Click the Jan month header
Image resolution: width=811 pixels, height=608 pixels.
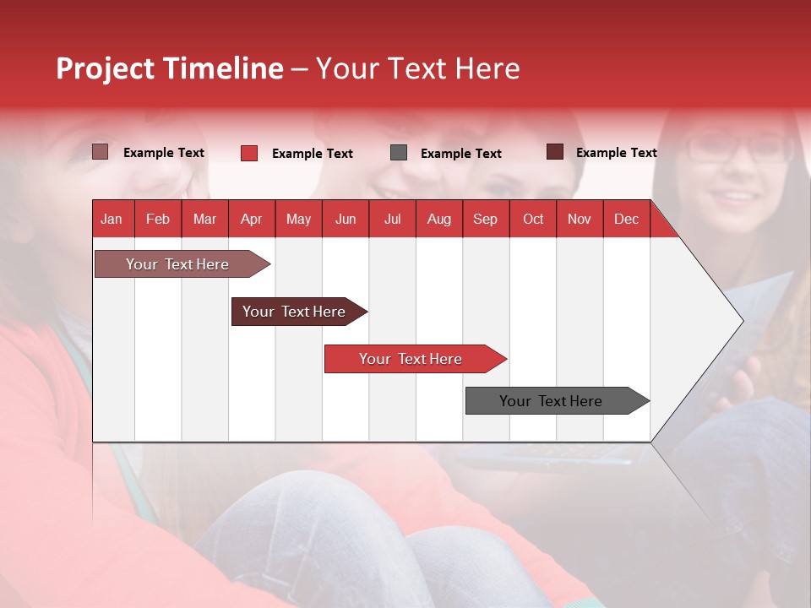pyautogui.click(x=112, y=220)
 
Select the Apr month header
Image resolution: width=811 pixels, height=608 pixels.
pyautogui.click(x=251, y=220)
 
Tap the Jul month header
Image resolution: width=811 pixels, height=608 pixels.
pyautogui.click(x=392, y=220)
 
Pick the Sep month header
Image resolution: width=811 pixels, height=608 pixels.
pyautogui.click(x=485, y=220)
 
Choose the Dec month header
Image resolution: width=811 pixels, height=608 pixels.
pyautogui.click(x=626, y=220)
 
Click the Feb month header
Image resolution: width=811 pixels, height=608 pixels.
pyautogui.click(x=158, y=220)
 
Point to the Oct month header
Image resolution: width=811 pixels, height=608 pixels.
pyautogui.click(x=533, y=220)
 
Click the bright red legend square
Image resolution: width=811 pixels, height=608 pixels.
pyautogui.click(x=249, y=153)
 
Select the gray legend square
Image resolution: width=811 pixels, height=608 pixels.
pyautogui.click(x=399, y=153)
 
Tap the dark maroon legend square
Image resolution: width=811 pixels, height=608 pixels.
pyautogui.click(x=555, y=152)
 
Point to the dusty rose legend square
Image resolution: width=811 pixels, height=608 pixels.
pyautogui.click(x=101, y=152)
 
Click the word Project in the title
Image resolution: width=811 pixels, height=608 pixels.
pyautogui.click(x=106, y=68)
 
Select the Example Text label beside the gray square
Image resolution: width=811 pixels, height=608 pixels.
pyautogui.click(x=460, y=154)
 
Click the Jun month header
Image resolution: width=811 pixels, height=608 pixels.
pyautogui.click(x=346, y=220)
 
